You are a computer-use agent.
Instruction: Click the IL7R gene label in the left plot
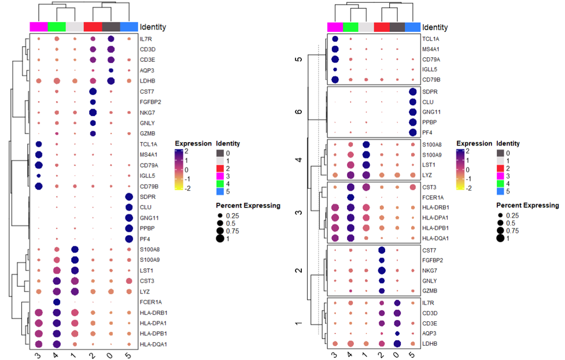146,39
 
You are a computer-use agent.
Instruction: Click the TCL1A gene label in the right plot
430,39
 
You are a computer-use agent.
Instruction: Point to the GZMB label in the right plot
430,291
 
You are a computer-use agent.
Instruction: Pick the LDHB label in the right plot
430,344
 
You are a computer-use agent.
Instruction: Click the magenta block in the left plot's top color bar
39,27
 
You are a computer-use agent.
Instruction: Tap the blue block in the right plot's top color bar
413,27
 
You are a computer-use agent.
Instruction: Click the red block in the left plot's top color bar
93,27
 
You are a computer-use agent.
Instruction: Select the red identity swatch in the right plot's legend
500,168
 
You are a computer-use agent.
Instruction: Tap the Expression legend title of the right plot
473,143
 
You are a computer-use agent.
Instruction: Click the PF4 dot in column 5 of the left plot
129,239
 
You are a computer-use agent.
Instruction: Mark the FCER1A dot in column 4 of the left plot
57,302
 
